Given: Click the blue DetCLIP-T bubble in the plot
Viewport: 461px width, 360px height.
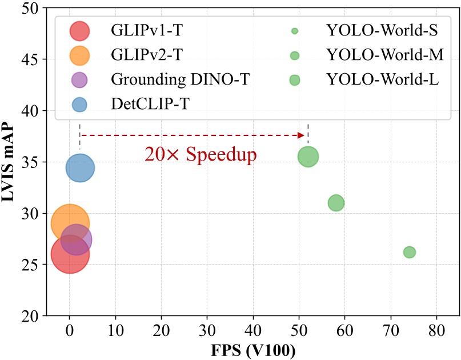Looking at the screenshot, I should point(80,168).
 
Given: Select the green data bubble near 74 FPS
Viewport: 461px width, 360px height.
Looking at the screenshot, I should point(409,252).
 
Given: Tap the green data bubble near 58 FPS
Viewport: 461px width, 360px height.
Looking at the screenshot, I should point(336,203).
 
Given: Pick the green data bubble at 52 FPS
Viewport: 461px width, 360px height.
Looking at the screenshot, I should point(308,156).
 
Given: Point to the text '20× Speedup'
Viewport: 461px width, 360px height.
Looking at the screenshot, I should point(200,154).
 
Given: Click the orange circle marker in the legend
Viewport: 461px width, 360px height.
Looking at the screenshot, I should point(78,55).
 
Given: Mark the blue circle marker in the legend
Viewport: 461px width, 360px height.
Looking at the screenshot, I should point(78,105).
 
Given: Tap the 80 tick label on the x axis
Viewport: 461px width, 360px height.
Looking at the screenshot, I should point(436,330).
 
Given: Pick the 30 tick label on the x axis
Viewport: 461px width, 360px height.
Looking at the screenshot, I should point(207,330).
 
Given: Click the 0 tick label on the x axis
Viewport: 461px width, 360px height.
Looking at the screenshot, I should point(69,330).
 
